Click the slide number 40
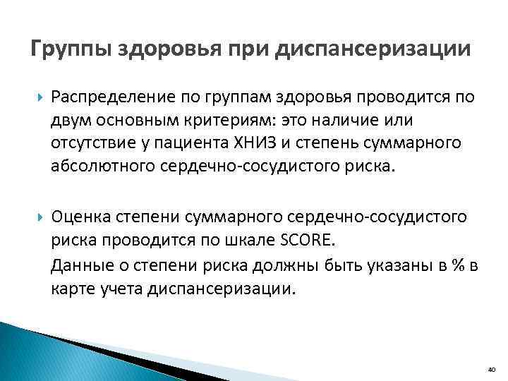point(491,368)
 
